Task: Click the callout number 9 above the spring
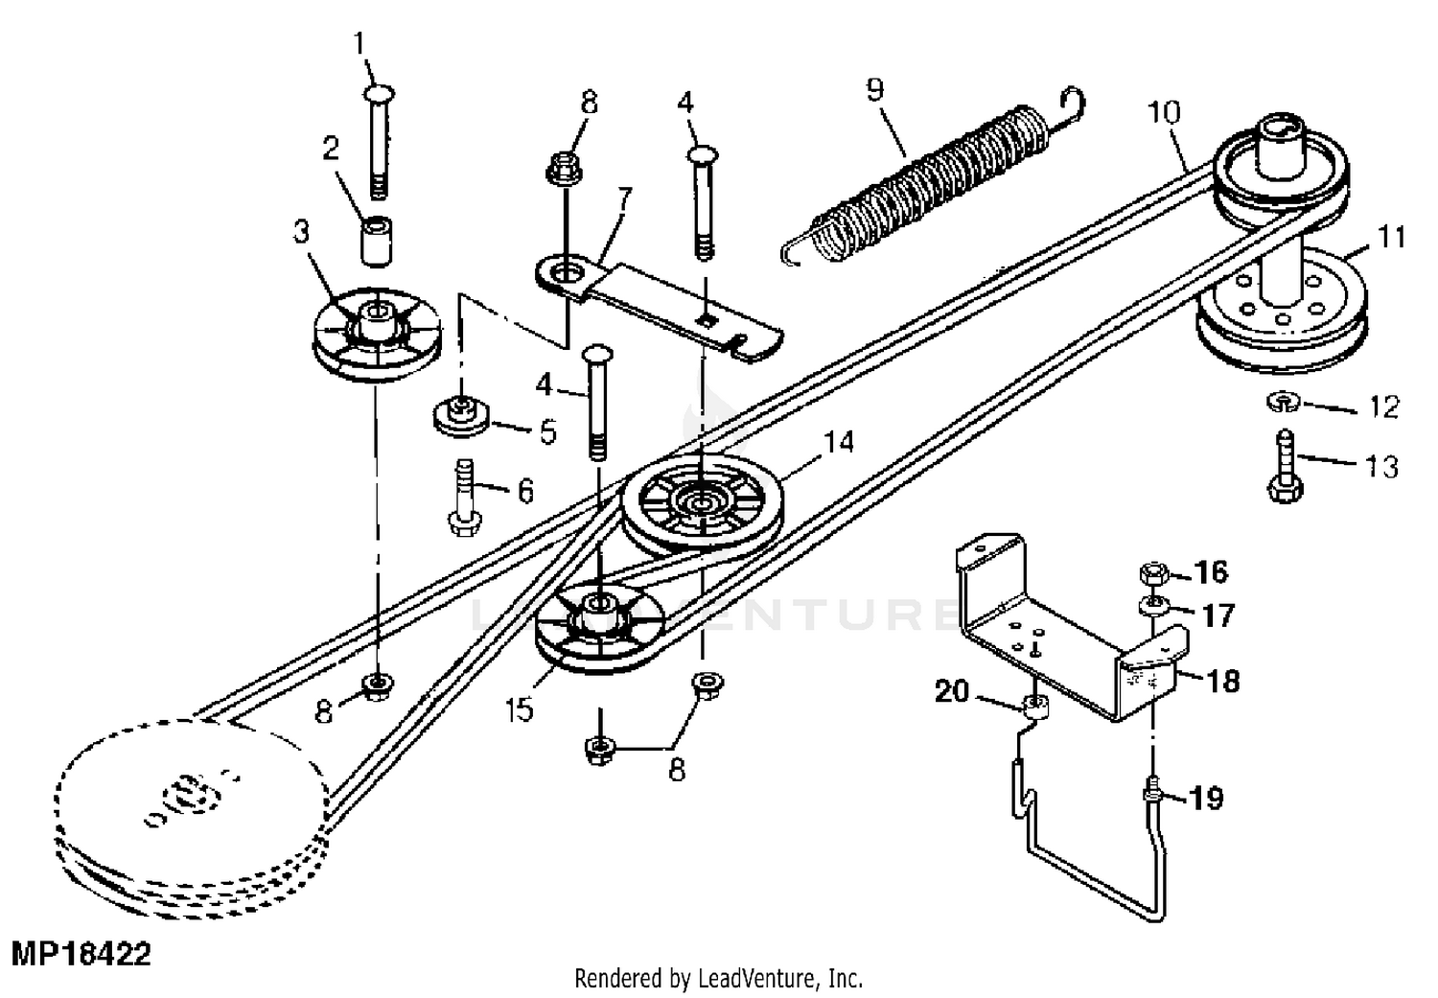[x=873, y=90]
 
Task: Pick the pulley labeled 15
[x=600, y=627]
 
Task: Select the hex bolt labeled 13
[x=1283, y=470]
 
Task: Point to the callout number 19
[x=1207, y=798]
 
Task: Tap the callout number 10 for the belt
[x=1164, y=112]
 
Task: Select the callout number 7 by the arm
[x=624, y=199]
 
